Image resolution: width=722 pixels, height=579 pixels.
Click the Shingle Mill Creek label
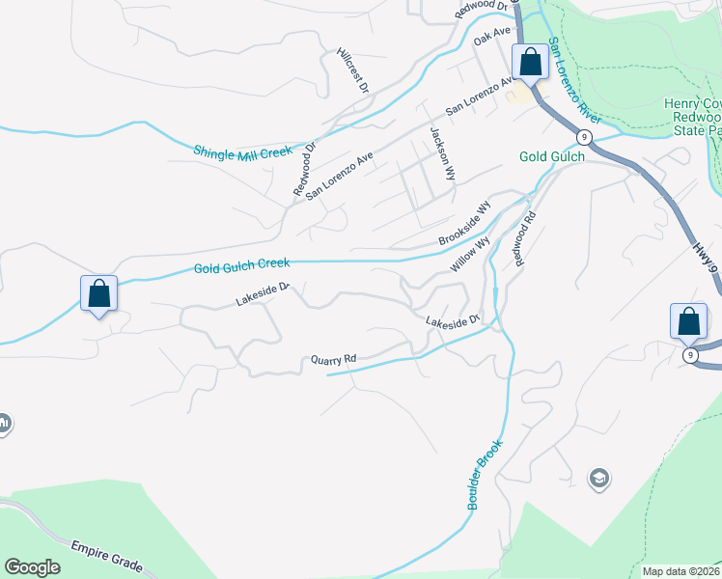pos(242,152)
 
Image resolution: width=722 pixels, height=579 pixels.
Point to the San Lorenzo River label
pos(574,82)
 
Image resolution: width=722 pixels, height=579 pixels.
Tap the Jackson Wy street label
pos(442,153)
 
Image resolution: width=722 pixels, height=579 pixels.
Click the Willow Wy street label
pos(470,255)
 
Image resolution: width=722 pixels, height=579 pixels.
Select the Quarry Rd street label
pos(333,360)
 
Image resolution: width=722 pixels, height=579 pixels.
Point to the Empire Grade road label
pos(107,557)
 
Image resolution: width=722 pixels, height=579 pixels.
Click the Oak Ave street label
pos(491,38)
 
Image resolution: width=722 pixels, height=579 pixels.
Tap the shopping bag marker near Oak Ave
pos(530,63)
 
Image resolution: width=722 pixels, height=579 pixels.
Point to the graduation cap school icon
pos(598,478)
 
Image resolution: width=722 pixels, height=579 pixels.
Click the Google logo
pos(32,566)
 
